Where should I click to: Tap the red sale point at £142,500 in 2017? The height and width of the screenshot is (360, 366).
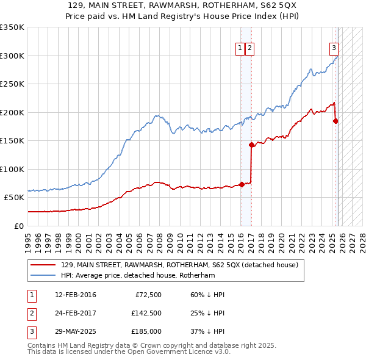[251, 145]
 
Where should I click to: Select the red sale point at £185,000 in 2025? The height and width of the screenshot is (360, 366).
[335, 121]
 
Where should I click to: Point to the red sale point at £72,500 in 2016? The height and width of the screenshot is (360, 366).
[242, 184]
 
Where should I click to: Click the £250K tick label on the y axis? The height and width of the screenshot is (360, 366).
[12, 84]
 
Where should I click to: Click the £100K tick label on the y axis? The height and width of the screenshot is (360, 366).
[12, 169]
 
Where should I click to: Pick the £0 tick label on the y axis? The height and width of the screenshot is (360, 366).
[18, 226]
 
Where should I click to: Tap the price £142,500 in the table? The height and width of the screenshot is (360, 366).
[146, 314]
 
